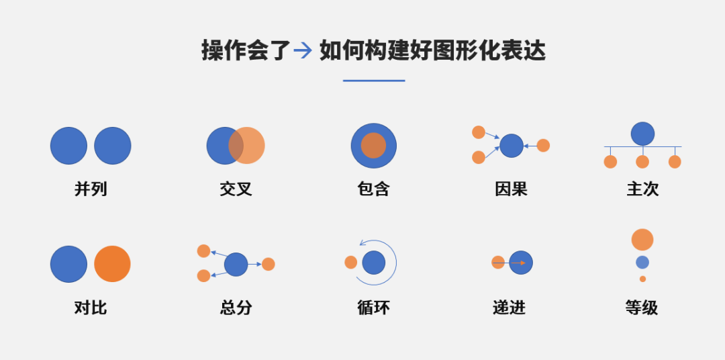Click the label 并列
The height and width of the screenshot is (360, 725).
point(91,189)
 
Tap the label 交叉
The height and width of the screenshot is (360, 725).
point(236,189)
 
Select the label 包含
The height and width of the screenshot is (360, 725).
point(373,189)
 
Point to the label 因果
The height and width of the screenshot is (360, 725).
point(511,189)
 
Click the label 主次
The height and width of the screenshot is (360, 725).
point(642,189)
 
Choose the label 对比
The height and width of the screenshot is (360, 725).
point(91,308)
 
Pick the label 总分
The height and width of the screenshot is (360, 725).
point(236,308)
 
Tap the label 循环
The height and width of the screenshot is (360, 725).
point(373,308)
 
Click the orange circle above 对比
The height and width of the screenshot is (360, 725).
point(112,264)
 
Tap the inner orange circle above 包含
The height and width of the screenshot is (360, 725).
point(373,145)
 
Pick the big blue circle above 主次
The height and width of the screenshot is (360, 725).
point(642,134)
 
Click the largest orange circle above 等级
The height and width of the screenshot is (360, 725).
point(642,240)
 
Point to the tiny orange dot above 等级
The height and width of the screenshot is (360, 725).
point(642,279)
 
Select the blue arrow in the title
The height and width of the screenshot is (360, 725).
point(303,50)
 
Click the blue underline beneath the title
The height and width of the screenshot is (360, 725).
point(373,81)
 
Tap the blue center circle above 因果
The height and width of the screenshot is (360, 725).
point(511,145)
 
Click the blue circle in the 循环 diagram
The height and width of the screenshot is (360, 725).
point(374,262)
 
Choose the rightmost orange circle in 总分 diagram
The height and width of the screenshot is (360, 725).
point(268,264)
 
